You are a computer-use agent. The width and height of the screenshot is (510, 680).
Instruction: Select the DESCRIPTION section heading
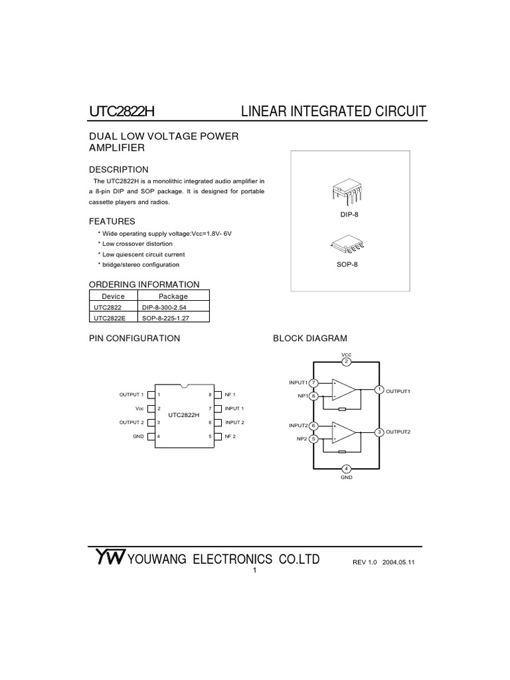119,169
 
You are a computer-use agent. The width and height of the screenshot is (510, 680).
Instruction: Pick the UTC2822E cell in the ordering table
108,318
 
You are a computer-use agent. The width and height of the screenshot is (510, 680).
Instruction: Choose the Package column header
173,296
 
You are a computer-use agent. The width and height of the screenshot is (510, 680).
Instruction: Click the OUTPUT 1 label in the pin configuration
131,394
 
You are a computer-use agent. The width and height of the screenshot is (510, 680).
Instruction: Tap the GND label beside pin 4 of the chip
138,436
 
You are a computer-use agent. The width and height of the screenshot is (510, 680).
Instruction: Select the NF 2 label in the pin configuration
230,436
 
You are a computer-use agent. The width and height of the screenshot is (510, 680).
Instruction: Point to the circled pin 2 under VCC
346,361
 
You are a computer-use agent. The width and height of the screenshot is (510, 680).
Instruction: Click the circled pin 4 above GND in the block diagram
346,469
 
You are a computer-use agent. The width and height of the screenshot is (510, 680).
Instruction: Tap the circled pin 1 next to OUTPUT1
379,389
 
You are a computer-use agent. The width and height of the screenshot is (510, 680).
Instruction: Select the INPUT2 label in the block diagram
298,425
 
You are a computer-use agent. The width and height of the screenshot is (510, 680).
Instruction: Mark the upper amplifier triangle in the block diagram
343,389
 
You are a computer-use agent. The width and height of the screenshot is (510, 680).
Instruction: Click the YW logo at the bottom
108,558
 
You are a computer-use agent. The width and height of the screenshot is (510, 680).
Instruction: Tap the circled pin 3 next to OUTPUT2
379,432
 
